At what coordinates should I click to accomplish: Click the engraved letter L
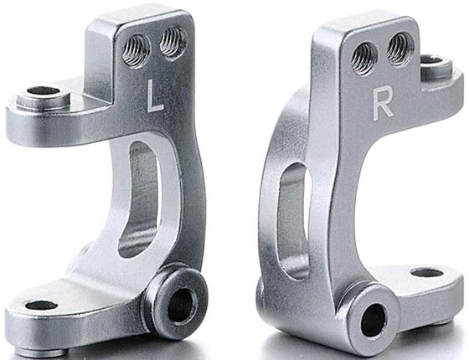(x=154, y=95)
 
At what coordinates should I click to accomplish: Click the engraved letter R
(x=383, y=101)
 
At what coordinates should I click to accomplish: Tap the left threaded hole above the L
(x=136, y=50)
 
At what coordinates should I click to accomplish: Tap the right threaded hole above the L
(x=173, y=43)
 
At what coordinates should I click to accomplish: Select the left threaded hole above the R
(x=363, y=58)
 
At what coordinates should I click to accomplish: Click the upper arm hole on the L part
(x=43, y=91)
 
